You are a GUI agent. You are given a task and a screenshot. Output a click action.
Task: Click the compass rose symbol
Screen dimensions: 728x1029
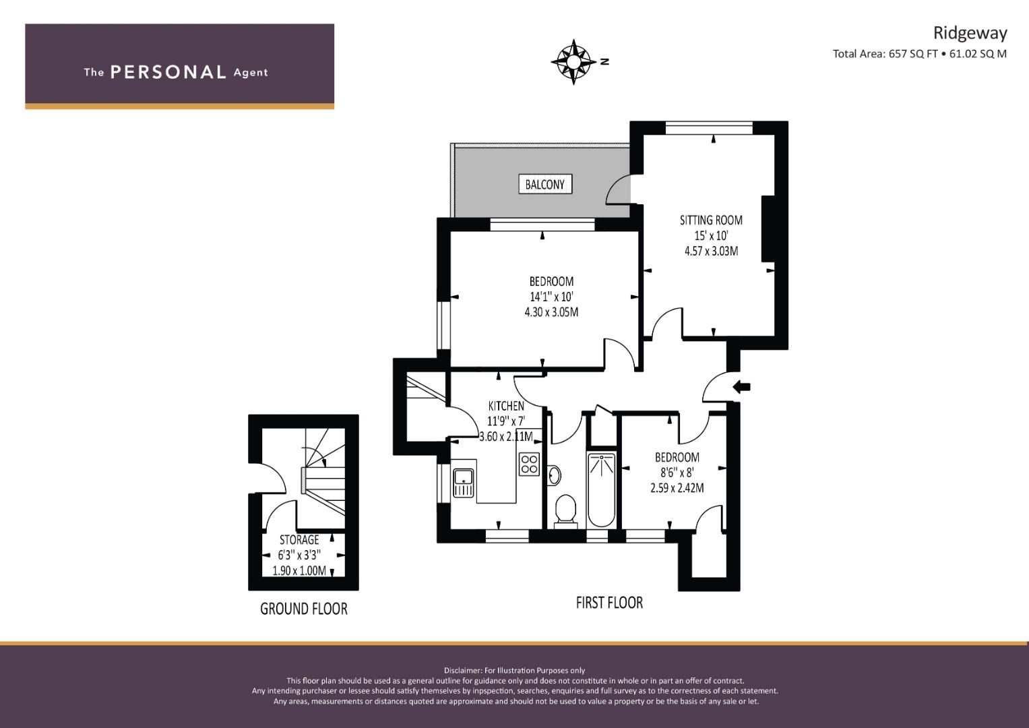pyautogui.click(x=573, y=62)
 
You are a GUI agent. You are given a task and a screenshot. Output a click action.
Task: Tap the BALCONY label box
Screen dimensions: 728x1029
pyautogui.click(x=544, y=184)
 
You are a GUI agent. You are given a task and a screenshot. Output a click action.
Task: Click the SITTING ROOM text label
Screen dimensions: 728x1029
pyautogui.click(x=711, y=220)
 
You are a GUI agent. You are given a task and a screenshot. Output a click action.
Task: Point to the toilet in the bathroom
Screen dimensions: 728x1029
pyautogui.click(x=565, y=510)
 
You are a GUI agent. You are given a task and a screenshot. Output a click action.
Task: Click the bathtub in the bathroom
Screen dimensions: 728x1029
pyautogui.click(x=601, y=489)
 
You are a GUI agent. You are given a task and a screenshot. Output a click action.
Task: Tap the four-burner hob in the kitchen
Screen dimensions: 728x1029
pyautogui.click(x=529, y=464)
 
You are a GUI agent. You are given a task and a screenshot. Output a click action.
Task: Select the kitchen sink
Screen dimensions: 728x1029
pyautogui.click(x=464, y=481)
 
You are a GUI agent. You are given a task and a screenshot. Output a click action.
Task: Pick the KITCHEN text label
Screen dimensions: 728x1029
pyautogui.click(x=506, y=406)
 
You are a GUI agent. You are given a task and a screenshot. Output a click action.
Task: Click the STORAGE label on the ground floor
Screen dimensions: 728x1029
pyautogui.click(x=299, y=540)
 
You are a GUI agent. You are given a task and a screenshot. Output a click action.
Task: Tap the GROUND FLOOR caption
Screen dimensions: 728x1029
pyautogui.click(x=304, y=609)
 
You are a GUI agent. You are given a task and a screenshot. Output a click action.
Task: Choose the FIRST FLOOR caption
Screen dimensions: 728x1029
pyautogui.click(x=609, y=602)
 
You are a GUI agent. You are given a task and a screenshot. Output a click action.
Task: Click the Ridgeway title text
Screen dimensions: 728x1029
pyautogui.click(x=970, y=33)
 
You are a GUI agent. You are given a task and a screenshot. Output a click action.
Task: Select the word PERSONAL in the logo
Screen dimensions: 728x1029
pyautogui.click(x=168, y=72)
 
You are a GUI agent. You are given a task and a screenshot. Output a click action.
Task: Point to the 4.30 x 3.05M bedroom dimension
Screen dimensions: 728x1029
pyautogui.click(x=551, y=312)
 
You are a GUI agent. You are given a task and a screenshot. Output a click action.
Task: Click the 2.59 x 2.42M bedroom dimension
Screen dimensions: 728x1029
pyautogui.click(x=677, y=487)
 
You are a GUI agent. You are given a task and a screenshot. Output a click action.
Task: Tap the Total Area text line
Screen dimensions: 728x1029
pyautogui.click(x=919, y=54)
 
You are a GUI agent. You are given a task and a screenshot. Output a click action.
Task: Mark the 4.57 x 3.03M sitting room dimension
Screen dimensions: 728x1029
pyautogui.click(x=711, y=251)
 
